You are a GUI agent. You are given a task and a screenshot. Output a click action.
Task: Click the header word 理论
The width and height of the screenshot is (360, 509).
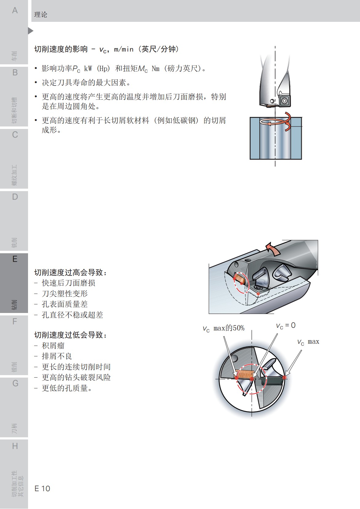[x=41, y=15]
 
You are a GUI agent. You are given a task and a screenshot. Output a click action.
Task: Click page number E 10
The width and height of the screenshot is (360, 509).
[x=42, y=488]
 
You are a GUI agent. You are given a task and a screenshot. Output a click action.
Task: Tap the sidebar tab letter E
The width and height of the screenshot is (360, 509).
[x=14, y=259]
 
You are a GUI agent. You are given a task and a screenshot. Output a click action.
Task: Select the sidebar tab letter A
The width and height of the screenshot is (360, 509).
[x=14, y=10]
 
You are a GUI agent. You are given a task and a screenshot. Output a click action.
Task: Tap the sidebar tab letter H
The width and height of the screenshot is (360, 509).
[x=14, y=446]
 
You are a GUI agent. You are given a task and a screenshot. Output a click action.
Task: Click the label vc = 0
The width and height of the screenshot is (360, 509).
[x=285, y=326]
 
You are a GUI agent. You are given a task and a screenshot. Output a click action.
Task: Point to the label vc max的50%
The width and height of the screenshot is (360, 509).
[x=224, y=328]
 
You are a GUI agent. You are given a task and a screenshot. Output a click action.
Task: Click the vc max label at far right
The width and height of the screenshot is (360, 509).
[x=308, y=342]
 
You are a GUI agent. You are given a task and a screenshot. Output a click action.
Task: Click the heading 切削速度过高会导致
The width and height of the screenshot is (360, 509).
[x=71, y=272]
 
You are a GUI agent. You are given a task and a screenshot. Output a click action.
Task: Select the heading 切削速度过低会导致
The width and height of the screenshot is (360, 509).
[x=71, y=335]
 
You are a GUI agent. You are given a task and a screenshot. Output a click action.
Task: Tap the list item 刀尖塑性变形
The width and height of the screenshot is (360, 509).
[x=65, y=294]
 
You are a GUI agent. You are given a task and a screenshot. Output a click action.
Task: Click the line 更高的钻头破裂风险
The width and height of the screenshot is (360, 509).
[x=76, y=377]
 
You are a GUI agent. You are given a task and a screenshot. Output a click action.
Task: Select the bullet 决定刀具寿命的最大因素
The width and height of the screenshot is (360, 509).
[x=86, y=82]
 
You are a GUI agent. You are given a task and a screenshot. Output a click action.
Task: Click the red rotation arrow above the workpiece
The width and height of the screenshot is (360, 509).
[x=277, y=122]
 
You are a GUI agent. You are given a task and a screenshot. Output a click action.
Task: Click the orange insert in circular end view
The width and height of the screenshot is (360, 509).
[x=244, y=375]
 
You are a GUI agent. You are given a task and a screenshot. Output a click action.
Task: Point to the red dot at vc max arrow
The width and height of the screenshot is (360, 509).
[x=284, y=377]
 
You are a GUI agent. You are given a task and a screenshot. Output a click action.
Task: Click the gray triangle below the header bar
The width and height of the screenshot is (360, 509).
[x=30, y=31]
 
